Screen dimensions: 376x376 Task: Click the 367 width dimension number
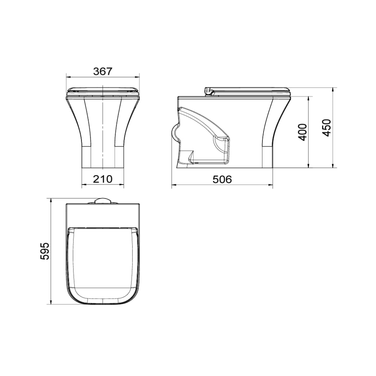click(x=103, y=71)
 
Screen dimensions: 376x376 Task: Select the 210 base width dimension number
click(x=103, y=179)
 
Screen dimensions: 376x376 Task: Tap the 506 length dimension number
click(x=222, y=179)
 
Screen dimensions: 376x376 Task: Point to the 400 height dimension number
click(x=303, y=132)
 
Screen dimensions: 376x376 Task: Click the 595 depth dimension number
click(x=45, y=251)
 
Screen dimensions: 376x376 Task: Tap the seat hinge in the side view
click(x=208, y=91)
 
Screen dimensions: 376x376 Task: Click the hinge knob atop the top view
click(x=102, y=201)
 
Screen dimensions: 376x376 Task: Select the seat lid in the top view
click(x=103, y=263)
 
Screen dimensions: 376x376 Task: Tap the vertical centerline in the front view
click(x=103, y=132)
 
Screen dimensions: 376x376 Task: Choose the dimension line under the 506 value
click(x=222, y=185)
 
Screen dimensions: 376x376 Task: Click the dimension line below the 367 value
click(x=103, y=77)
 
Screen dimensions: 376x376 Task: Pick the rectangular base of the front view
click(x=103, y=156)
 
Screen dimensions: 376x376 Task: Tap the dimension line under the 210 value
click(x=103, y=185)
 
